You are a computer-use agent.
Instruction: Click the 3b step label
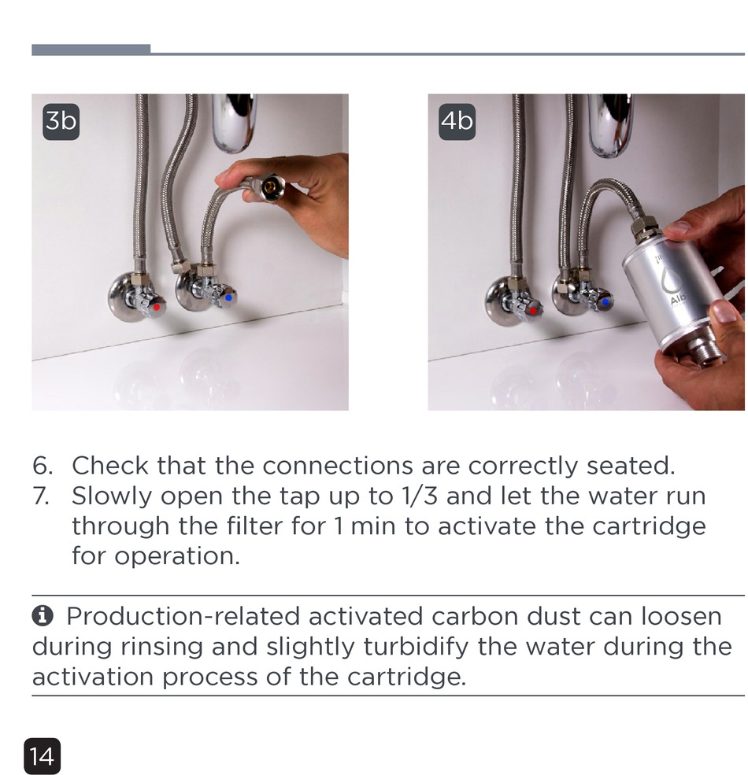[x=61, y=122]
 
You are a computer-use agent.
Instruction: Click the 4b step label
[x=457, y=122]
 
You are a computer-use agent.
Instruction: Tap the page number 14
[x=42, y=756]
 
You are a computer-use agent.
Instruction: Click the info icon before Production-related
[x=43, y=616]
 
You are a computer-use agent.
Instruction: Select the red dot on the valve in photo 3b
[x=157, y=307]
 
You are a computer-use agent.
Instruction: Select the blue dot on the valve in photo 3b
[x=228, y=298]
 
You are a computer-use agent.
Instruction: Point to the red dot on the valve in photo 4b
[x=533, y=311]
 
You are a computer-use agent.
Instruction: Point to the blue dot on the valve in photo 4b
[x=605, y=301]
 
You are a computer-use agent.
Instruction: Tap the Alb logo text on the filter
[x=678, y=299]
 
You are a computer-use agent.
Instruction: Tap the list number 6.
[x=43, y=466]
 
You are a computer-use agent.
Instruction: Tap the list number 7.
[x=42, y=496]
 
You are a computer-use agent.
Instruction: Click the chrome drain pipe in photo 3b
[x=234, y=123]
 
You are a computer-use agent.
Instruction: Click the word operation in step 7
[x=177, y=557]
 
